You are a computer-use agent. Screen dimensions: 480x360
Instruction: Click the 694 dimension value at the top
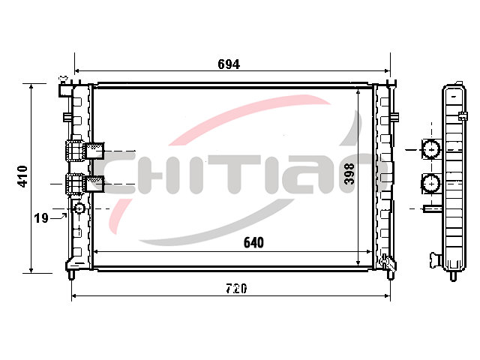(229, 64)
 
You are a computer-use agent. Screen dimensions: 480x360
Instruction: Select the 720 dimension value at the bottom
(236, 288)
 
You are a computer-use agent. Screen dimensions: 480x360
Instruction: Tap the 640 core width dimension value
(253, 242)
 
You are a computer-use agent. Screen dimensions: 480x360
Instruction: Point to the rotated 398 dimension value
(349, 173)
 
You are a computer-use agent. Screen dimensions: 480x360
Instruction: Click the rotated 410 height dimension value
(22, 176)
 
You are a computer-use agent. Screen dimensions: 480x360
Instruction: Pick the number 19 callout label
(41, 218)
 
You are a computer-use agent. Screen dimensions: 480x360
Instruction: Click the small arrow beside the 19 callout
(58, 217)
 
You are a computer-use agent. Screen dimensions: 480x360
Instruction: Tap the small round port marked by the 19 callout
(79, 208)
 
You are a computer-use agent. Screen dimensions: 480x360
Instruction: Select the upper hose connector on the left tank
(85, 151)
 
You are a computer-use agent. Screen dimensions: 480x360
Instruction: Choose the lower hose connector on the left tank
(85, 184)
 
